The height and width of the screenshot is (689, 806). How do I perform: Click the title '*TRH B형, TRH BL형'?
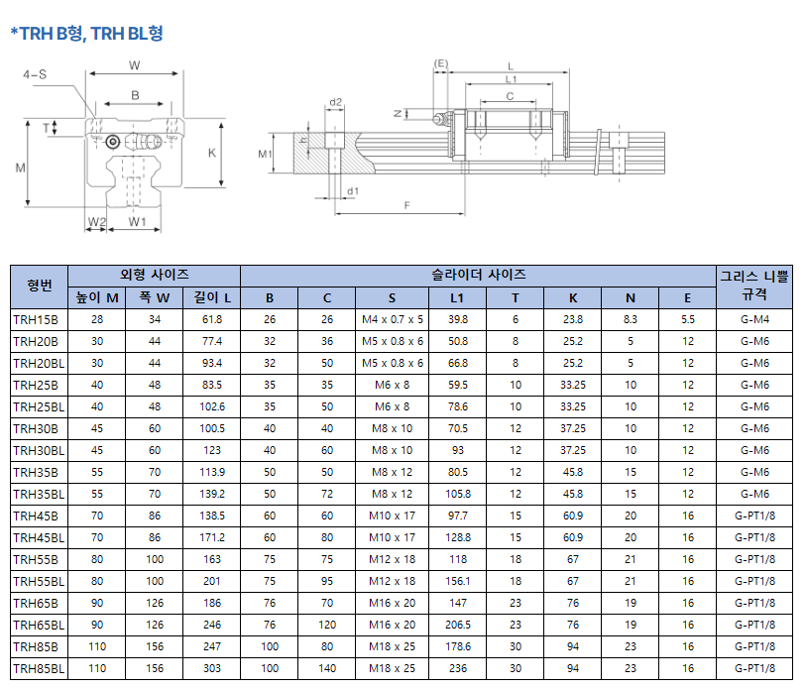[x=86, y=34]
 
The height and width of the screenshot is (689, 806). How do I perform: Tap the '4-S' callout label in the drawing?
[x=35, y=74]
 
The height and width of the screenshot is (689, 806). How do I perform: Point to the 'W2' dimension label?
[x=96, y=222]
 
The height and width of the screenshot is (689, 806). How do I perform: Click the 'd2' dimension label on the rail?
[x=335, y=102]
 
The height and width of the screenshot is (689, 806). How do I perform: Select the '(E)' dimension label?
[x=441, y=63]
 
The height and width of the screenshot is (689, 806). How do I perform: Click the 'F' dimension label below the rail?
[x=407, y=205]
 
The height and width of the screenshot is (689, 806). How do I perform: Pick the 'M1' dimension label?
[x=265, y=154]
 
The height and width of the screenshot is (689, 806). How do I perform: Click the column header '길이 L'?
[x=212, y=297]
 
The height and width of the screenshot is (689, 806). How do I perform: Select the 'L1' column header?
[x=457, y=298]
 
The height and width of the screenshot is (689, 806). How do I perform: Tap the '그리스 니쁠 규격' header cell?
[x=754, y=286]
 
